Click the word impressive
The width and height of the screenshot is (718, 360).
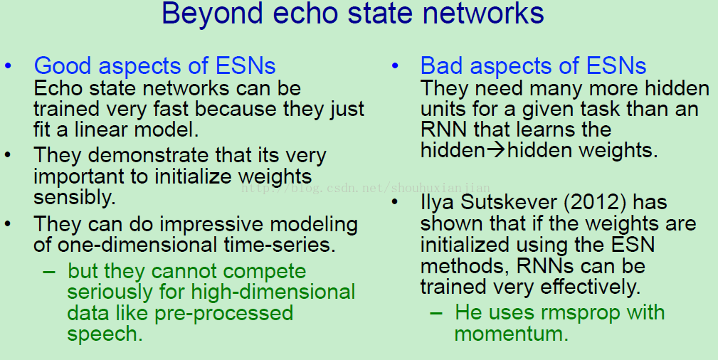[x=211, y=225]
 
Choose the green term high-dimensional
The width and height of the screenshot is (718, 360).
[x=273, y=292]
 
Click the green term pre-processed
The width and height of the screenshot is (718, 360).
[x=223, y=314]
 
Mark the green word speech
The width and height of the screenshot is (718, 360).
[x=105, y=334]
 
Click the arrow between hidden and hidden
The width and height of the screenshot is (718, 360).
[x=495, y=150]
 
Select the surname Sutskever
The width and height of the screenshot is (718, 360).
[x=509, y=203]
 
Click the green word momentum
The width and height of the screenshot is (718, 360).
[x=511, y=334]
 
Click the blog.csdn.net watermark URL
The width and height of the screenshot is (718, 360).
[x=366, y=188]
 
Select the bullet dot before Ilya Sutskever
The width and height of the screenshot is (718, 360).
[x=395, y=202]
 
